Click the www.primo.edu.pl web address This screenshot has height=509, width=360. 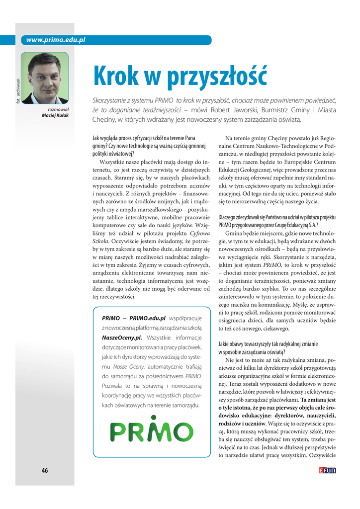(56, 40)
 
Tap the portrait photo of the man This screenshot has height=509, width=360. (44, 78)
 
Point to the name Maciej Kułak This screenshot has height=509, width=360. (55, 115)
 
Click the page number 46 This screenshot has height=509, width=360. (45, 471)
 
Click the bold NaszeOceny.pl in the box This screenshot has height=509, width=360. (122, 338)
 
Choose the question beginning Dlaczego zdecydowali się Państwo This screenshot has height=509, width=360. (277, 221)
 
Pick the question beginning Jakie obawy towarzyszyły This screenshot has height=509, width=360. (269, 348)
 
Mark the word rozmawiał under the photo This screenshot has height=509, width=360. (58, 109)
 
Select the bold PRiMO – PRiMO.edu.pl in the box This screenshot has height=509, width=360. (133, 318)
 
